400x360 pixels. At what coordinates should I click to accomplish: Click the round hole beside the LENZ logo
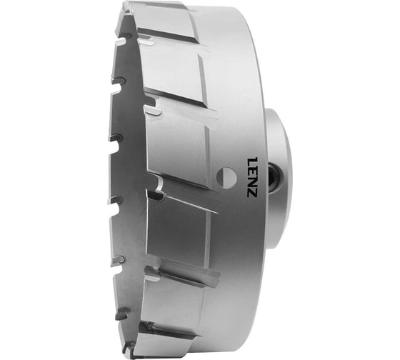(x=225, y=175)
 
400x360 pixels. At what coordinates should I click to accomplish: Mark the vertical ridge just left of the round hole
(x=212, y=171)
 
